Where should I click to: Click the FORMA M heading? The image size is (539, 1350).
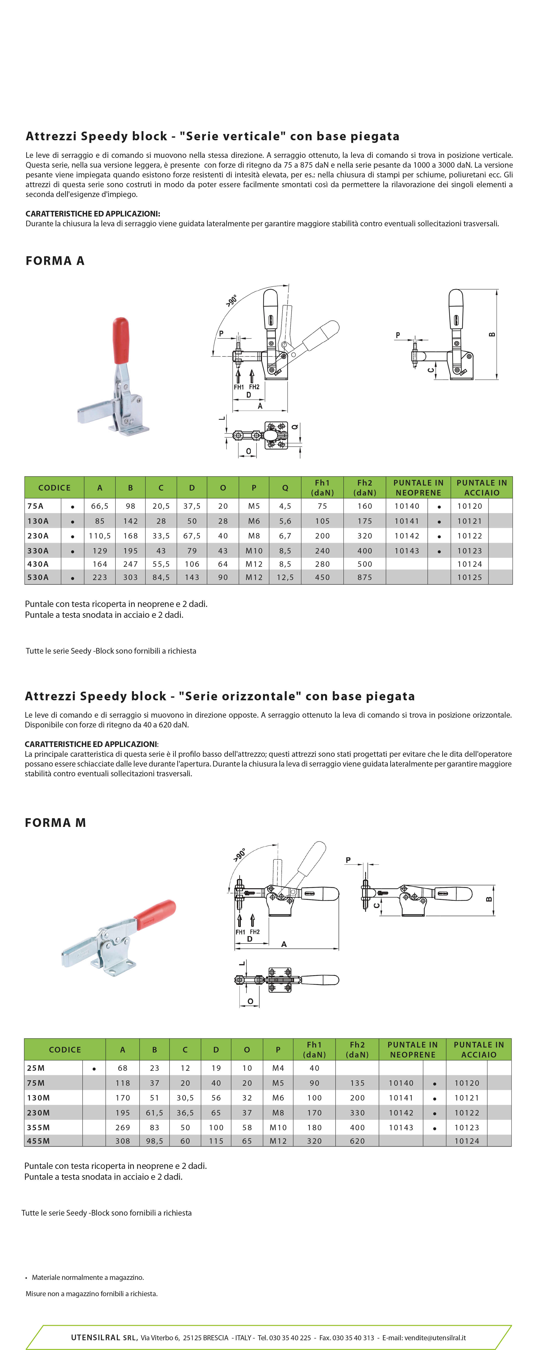(56, 822)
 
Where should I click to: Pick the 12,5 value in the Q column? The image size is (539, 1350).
(285, 577)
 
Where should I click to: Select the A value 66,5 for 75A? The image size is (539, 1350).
(100, 506)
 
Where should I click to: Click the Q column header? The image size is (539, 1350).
(285, 487)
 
